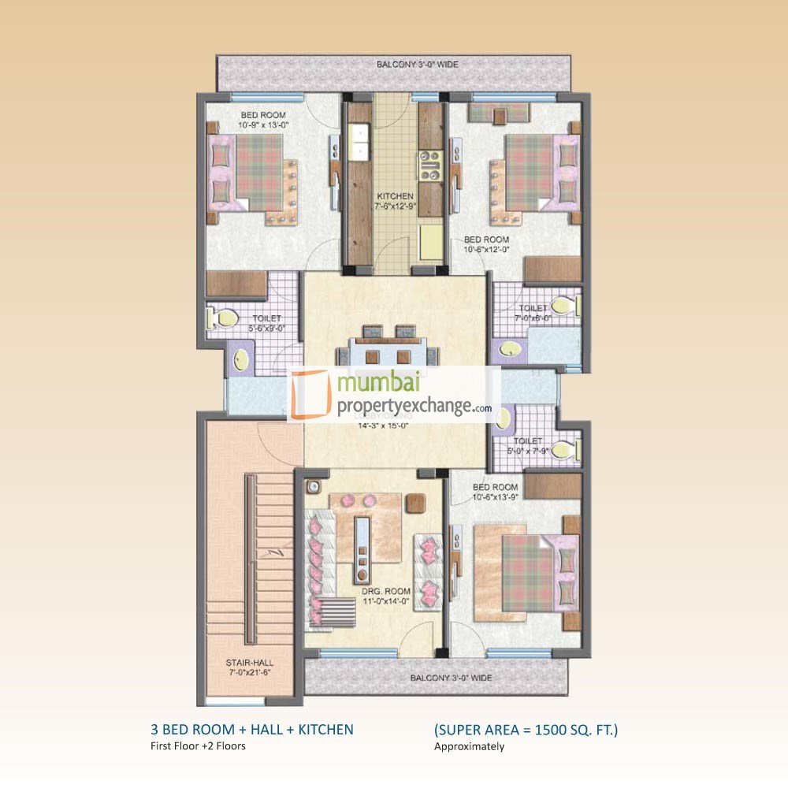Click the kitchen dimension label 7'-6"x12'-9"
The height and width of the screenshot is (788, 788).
[395, 206]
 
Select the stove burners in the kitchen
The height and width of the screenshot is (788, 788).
[431, 163]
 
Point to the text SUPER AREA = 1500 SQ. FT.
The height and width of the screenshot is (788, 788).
[526, 730]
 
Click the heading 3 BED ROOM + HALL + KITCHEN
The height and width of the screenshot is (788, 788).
[252, 730]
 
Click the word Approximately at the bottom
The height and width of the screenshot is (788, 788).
[469, 746]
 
